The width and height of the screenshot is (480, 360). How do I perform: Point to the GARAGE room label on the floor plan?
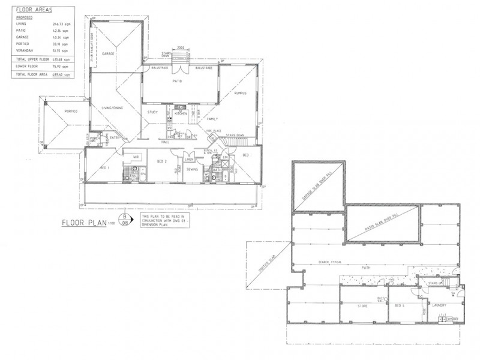coord(108,53)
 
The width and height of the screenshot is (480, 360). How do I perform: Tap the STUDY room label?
coord(152,113)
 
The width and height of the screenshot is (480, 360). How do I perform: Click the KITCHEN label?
coord(181,113)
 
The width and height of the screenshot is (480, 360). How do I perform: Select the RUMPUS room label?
coord(242,93)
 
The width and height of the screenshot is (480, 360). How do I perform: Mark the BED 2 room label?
coord(161,162)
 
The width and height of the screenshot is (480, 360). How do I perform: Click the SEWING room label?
coord(192,170)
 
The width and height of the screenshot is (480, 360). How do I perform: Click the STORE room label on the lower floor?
coord(362,306)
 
